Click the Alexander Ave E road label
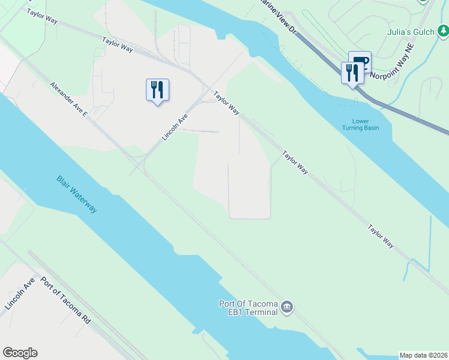pos(69,100)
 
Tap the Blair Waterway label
pos(76,194)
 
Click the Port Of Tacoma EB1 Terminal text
pos(248,307)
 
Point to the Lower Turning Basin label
pos(360,125)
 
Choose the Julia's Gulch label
pos(411,32)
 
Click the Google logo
pos(20,353)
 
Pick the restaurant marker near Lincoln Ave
pos(157,90)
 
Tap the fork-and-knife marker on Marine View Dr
pos(352,73)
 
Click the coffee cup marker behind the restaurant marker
pos(361,61)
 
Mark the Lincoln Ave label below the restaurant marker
pos(175,127)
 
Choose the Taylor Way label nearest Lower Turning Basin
pos(295,162)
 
